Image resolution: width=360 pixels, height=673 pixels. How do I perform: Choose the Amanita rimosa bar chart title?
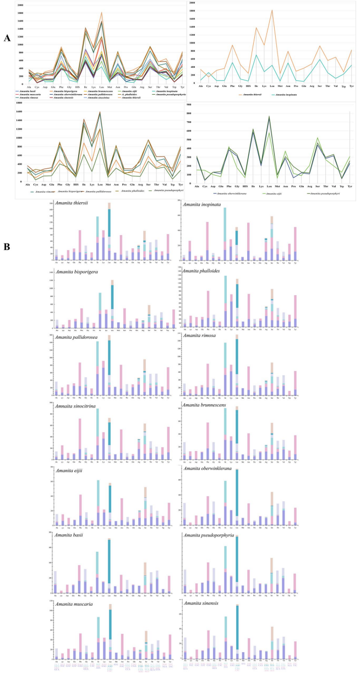pyautogui.click(x=199, y=338)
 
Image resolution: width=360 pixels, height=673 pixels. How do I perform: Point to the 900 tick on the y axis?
pyautogui.click(x=188, y=104)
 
